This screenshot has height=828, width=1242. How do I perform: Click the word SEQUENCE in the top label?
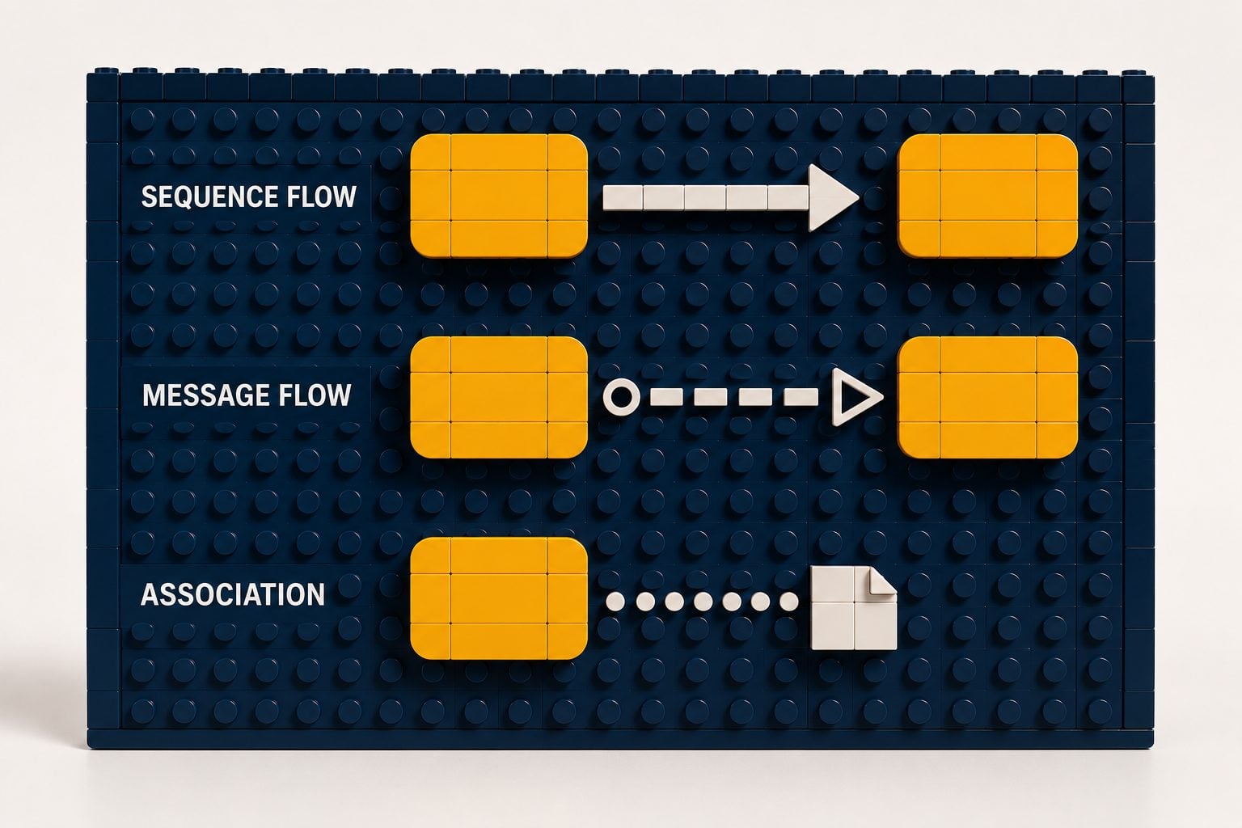(x=209, y=196)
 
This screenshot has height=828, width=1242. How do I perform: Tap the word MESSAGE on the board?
(x=205, y=395)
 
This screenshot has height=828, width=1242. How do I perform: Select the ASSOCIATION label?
(x=233, y=594)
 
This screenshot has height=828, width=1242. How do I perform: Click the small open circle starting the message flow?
(x=622, y=397)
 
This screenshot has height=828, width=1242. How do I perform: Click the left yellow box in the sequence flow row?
(x=499, y=196)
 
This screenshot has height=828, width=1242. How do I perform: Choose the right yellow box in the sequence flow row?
(x=988, y=196)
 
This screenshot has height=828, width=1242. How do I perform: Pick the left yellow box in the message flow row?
(x=499, y=397)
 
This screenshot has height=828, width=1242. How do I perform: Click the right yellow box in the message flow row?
(x=988, y=397)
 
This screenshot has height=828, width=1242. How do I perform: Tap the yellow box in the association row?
(x=499, y=598)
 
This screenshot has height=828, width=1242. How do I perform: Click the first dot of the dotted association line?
(x=615, y=601)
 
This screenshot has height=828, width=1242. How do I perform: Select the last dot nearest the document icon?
(x=789, y=601)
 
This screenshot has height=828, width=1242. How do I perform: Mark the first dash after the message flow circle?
(x=666, y=397)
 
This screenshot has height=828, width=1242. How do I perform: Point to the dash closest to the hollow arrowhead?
(x=801, y=397)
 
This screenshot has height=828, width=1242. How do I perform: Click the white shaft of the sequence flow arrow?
(x=706, y=197)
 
